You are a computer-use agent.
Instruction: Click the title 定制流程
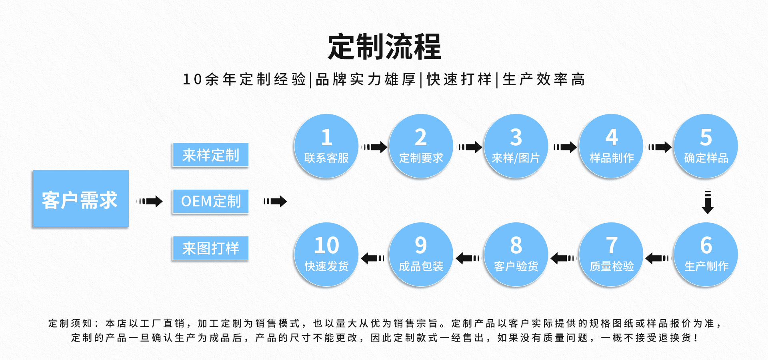[x=384, y=47]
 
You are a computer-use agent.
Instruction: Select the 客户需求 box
[x=80, y=199]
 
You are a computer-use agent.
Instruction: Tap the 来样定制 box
[x=210, y=155]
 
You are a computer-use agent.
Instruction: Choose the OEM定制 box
[x=210, y=201]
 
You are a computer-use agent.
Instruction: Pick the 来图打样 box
[x=210, y=248]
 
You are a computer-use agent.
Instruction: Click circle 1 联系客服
[x=326, y=146]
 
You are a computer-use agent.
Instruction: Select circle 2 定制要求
[x=421, y=146]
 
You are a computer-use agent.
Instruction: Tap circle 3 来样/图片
[x=516, y=146]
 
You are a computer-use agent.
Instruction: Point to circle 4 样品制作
[x=611, y=146]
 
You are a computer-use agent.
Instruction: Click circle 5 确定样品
[x=706, y=146]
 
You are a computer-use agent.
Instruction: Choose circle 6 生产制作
[x=706, y=254]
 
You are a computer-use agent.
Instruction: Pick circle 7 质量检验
[x=611, y=254]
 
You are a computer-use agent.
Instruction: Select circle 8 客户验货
[x=516, y=254]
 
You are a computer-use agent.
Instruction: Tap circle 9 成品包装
[x=421, y=254]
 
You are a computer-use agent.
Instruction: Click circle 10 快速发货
[x=326, y=254]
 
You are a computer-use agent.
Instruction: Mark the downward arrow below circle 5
[x=708, y=201]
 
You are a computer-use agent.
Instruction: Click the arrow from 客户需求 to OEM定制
[x=150, y=201]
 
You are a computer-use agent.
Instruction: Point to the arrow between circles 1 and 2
[x=375, y=147]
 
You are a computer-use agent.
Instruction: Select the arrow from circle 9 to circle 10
[x=373, y=258]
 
